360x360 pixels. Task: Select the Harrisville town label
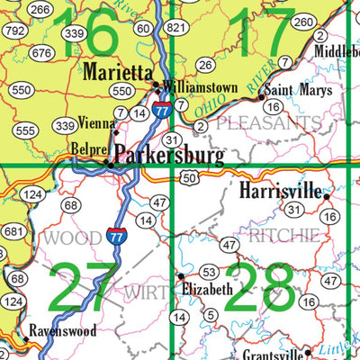pos(281,190)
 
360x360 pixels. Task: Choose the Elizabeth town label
pos(207,290)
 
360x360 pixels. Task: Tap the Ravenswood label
pos(61,330)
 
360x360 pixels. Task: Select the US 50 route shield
pos(190,180)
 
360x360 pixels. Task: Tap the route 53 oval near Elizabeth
pos(210,272)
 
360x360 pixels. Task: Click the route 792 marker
pos(14,30)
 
